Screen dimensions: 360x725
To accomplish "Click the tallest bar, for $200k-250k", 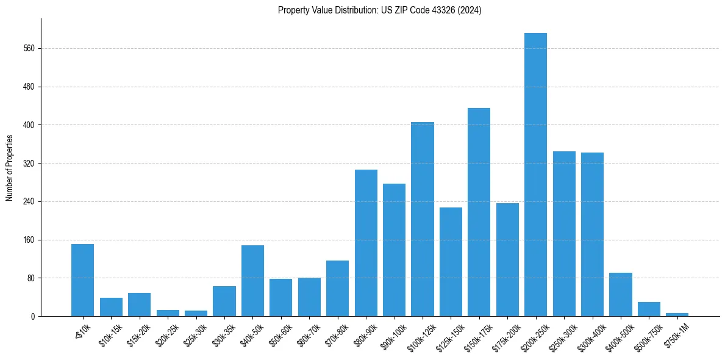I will point(535,175).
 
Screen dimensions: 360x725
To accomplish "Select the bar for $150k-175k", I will point(479,212).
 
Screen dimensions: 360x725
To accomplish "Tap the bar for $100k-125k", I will point(423,219).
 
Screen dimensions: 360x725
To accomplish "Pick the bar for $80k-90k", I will point(366,243).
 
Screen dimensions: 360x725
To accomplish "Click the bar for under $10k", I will point(82,280).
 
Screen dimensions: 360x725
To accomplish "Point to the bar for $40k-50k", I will point(252,281).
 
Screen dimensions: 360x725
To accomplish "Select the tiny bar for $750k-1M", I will point(677,314).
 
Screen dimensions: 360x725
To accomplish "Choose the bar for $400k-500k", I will point(620,294).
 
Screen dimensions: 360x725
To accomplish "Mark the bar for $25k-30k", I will point(196,313).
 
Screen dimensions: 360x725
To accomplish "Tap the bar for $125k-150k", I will point(451,262).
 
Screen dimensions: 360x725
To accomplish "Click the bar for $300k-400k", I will point(592,234).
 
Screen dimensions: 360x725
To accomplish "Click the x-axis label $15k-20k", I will point(138,334).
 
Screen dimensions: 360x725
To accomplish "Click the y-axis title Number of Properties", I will point(10,168).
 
